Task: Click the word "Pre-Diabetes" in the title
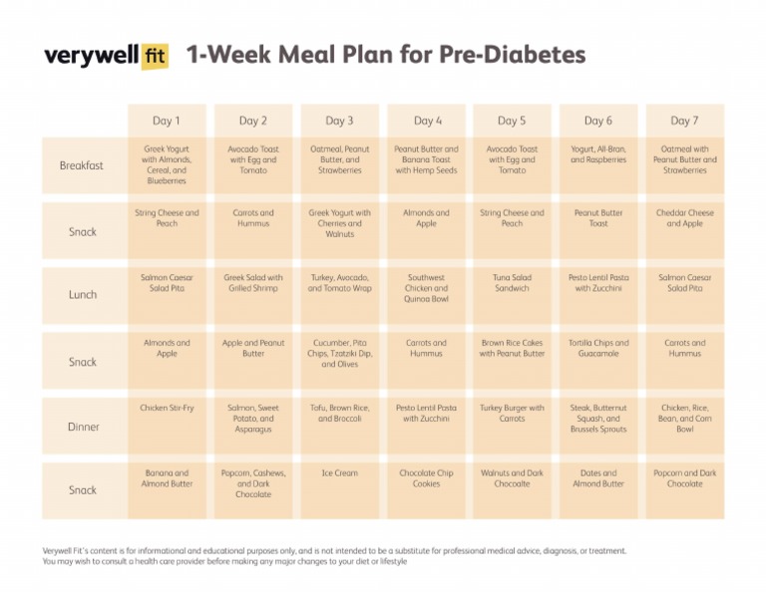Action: pyautogui.click(x=512, y=55)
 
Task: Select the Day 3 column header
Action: pyautogui.click(x=339, y=121)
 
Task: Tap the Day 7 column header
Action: pyautogui.click(x=684, y=121)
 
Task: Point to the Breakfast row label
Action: pyautogui.click(x=82, y=165)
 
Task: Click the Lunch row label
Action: pyautogui.click(x=82, y=295)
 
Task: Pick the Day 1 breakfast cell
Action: pyautogui.click(x=167, y=164)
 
